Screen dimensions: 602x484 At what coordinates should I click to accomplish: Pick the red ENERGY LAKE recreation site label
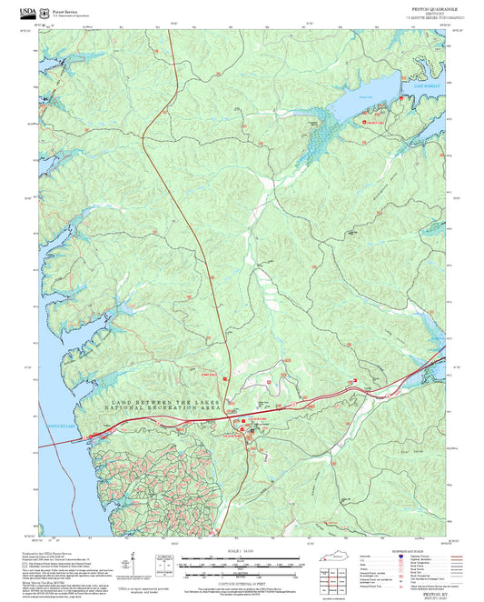375,121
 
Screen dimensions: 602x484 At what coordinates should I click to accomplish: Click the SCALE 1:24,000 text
242,552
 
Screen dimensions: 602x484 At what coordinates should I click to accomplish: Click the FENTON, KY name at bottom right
425,591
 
